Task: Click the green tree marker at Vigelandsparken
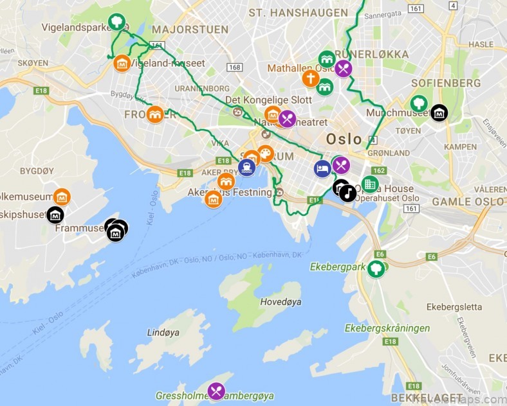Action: [x=116, y=22]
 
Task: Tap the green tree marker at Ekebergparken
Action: [x=376, y=269]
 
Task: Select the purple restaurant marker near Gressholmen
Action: [x=216, y=391]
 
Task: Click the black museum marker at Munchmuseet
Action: [x=439, y=113]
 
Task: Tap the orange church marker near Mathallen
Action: [x=310, y=78]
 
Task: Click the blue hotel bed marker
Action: [x=322, y=168]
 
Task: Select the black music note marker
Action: [x=347, y=193]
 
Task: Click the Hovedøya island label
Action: [x=281, y=301]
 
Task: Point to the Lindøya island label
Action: [x=163, y=333]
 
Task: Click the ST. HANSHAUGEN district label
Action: [x=289, y=12]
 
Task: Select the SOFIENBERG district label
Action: [x=446, y=83]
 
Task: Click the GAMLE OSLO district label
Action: [x=468, y=201]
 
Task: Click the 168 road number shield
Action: [x=234, y=67]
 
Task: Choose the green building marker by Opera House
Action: [x=369, y=184]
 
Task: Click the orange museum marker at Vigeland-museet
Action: [x=122, y=64]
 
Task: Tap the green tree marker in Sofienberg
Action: [x=419, y=103]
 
